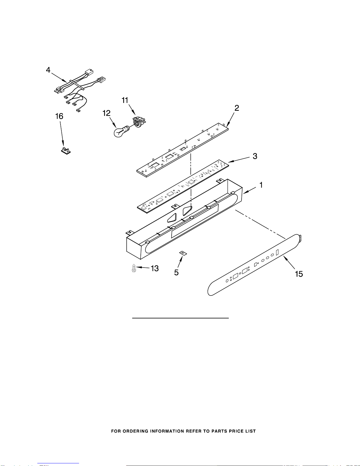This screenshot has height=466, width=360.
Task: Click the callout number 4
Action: (48, 71)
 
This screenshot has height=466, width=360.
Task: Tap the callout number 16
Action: (59, 116)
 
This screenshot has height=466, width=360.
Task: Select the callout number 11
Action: (125, 101)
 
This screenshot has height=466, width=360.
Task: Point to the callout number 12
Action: (107, 113)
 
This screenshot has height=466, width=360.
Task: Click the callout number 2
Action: (237, 108)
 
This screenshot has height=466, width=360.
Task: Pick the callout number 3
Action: (255, 156)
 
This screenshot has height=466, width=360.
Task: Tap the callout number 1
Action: (261, 185)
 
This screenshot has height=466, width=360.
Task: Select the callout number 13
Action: (155, 268)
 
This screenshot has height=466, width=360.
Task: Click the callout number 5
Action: (176, 273)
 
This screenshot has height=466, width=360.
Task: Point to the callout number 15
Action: (299, 274)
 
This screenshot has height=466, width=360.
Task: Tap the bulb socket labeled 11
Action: (139, 121)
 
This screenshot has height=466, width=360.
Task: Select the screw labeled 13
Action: (134, 268)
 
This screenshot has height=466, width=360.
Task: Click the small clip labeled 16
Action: (66, 151)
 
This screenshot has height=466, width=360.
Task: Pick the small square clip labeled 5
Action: (183, 253)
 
